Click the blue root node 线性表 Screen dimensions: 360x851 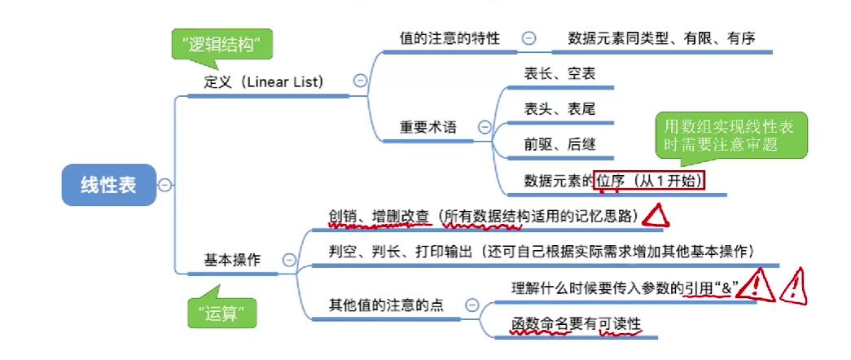coord(107,185)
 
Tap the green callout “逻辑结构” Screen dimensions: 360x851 coord(221,46)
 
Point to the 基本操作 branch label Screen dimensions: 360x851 coord(232,260)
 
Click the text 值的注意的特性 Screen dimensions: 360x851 coord(450,38)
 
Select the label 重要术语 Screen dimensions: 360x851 coord(428,127)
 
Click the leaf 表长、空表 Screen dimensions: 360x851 coord(560,74)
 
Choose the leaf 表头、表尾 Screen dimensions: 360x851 coord(560,108)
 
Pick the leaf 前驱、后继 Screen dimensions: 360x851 coord(560,144)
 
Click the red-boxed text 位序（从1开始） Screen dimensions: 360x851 coord(649,181)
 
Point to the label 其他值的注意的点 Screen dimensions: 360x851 coord(385,305)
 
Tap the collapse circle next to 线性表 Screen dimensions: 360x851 coord(164,185)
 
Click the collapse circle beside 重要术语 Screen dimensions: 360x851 coord(485,127)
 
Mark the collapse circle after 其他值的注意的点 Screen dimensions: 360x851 coord(472,305)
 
